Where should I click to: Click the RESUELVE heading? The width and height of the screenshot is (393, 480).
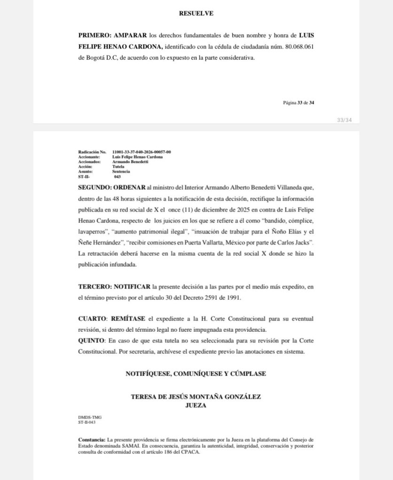coord(196,14)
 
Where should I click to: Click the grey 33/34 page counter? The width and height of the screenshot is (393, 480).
coord(344,120)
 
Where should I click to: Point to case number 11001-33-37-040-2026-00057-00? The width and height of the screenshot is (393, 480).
coord(141,152)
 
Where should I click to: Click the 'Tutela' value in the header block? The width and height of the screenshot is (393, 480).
coord(118,166)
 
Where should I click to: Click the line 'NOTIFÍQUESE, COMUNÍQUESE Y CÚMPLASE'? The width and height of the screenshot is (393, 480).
coord(196,374)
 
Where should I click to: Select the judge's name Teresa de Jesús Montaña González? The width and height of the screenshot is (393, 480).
coord(196,397)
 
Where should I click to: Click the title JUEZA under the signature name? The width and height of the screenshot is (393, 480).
coord(196,406)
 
